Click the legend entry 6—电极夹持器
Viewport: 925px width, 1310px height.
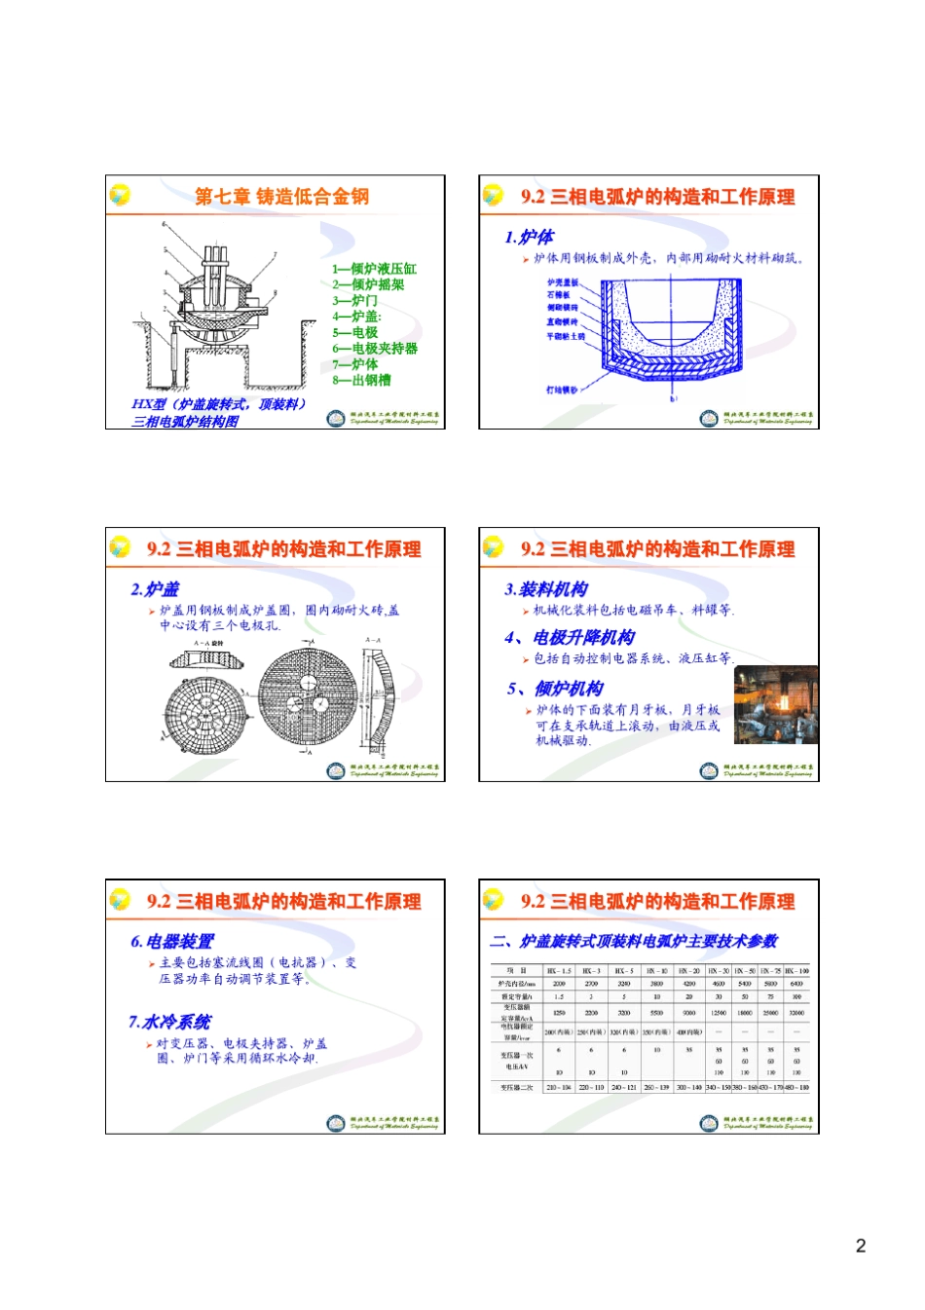(x=374, y=349)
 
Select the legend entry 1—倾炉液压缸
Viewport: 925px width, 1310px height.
(x=374, y=269)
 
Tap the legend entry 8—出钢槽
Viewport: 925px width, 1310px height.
(x=361, y=381)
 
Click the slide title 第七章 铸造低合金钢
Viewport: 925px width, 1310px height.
(x=281, y=197)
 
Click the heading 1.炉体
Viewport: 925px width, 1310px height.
(x=529, y=237)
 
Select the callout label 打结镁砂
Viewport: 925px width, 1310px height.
(x=562, y=390)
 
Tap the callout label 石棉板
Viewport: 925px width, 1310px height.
(x=558, y=295)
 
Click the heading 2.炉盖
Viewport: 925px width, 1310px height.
(x=155, y=589)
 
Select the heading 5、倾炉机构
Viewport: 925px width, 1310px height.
(x=555, y=689)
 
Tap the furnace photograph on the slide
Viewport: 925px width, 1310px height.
(x=775, y=705)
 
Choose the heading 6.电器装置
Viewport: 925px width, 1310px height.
(x=172, y=942)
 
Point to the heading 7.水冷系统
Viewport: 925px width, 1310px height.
(x=169, y=1022)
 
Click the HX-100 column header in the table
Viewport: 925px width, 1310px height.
(x=796, y=971)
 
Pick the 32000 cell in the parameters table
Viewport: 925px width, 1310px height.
(x=796, y=1013)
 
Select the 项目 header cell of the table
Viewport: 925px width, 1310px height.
(x=515, y=971)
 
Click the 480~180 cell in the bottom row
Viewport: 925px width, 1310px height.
(x=796, y=1087)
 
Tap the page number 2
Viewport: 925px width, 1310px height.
(x=860, y=1246)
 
